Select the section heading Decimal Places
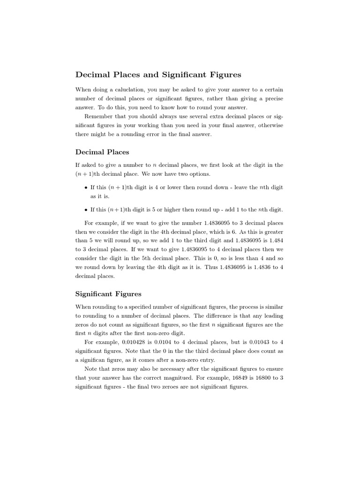(x=102, y=152)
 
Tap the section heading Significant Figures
(x=108, y=294)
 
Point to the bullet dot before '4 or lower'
(x=85, y=187)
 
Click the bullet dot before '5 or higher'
(x=85, y=210)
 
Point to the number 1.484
(x=275, y=241)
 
